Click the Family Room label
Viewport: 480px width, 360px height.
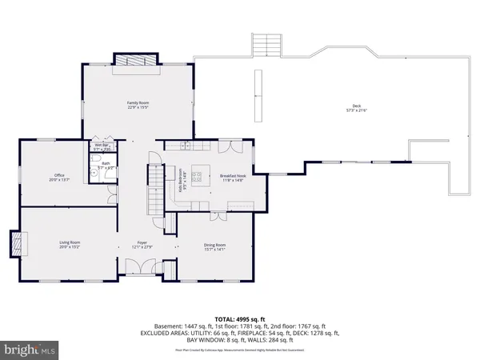click(138, 102)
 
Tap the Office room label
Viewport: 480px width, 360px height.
click(59, 174)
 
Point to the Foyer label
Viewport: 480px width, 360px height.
click(142, 242)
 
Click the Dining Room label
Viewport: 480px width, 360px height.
click(214, 245)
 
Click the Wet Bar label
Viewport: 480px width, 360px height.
click(100, 145)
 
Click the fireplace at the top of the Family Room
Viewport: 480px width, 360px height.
click(138, 61)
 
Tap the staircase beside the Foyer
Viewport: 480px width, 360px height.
click(155, 185)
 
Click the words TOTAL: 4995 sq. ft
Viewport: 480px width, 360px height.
click(240, 319)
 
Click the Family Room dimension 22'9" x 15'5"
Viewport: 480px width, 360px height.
click(138, 107)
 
